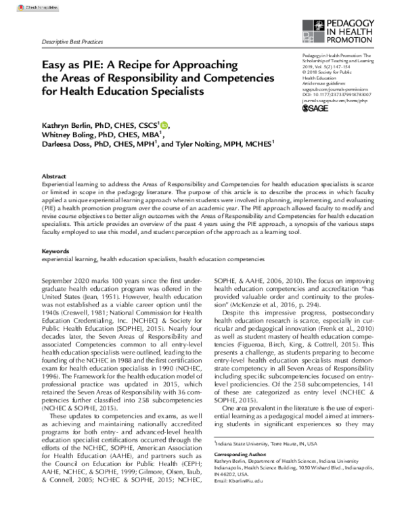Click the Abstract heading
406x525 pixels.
(54, 174)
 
